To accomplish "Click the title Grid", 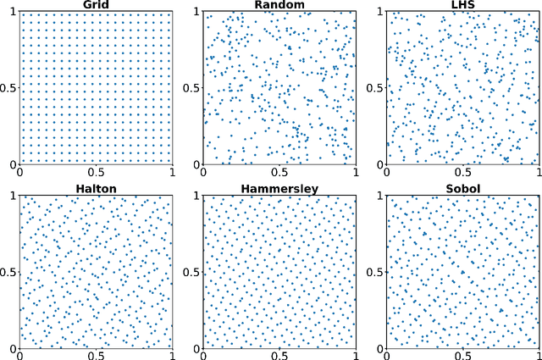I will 96,4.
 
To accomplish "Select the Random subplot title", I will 279,4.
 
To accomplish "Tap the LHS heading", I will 463,4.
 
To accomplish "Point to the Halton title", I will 96,188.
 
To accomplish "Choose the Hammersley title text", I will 279,188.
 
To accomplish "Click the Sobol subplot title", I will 463,188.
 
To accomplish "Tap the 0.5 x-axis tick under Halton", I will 96,355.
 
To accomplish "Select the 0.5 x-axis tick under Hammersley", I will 279,355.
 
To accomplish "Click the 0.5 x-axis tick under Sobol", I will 463,355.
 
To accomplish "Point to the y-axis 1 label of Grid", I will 12,12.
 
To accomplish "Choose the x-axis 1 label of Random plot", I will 356,171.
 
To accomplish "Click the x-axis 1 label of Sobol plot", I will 539,355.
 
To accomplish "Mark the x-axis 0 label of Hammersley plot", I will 203,355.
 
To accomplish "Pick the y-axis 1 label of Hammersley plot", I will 196,196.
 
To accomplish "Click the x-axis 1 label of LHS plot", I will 539,171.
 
